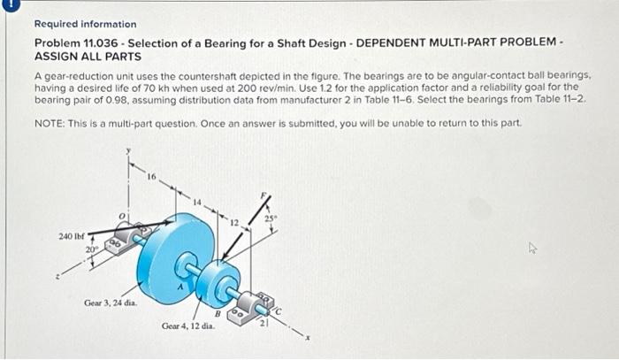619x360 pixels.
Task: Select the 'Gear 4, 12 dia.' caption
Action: tap(188, 326)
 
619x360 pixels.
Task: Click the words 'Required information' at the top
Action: tap(85, 24)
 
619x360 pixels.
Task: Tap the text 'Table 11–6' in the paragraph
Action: tap(406, 101)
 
